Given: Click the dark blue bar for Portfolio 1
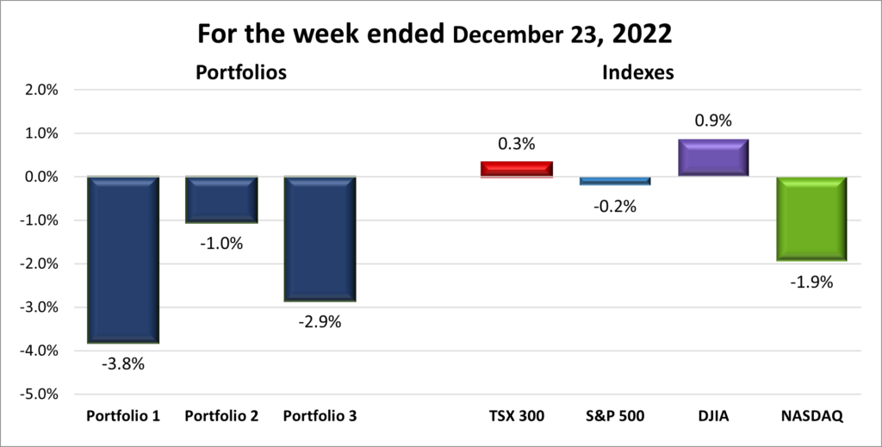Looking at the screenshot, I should (x=122, y=259).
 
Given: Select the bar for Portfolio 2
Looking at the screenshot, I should (x=221, y=199).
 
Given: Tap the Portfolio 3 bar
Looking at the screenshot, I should (x=320, y=239).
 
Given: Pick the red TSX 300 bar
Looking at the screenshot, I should (x=516, y=169).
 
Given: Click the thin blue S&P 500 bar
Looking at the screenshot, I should (x=615, y=180).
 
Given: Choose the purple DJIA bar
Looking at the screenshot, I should (x=712, y=158).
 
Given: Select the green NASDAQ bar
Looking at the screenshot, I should (x=811, y=219).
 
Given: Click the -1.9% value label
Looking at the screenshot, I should (x=811, y=281).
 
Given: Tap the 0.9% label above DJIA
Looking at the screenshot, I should (x=712, y=121).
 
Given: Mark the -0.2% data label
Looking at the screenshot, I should (x=615, y=206).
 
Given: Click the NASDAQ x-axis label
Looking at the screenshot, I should (x=811, y=416).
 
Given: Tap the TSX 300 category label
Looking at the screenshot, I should (x=516, y=416).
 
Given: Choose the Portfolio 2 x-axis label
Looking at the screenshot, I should (x=221, y=416).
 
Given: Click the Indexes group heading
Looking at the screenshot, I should (x=637, y=73).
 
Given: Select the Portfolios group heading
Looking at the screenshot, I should (x=240, y=73).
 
